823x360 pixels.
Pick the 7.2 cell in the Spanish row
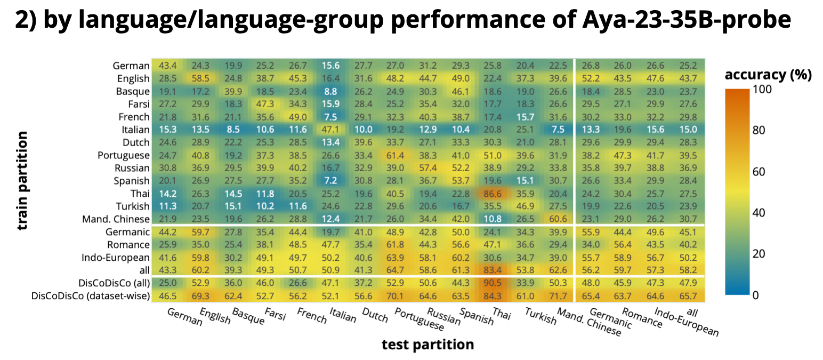point(330,180)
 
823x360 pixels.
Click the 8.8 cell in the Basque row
point(330,91)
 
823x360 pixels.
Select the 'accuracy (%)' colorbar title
point(768,75)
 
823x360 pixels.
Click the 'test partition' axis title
point(427,345)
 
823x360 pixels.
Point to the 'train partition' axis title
point(22,181)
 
